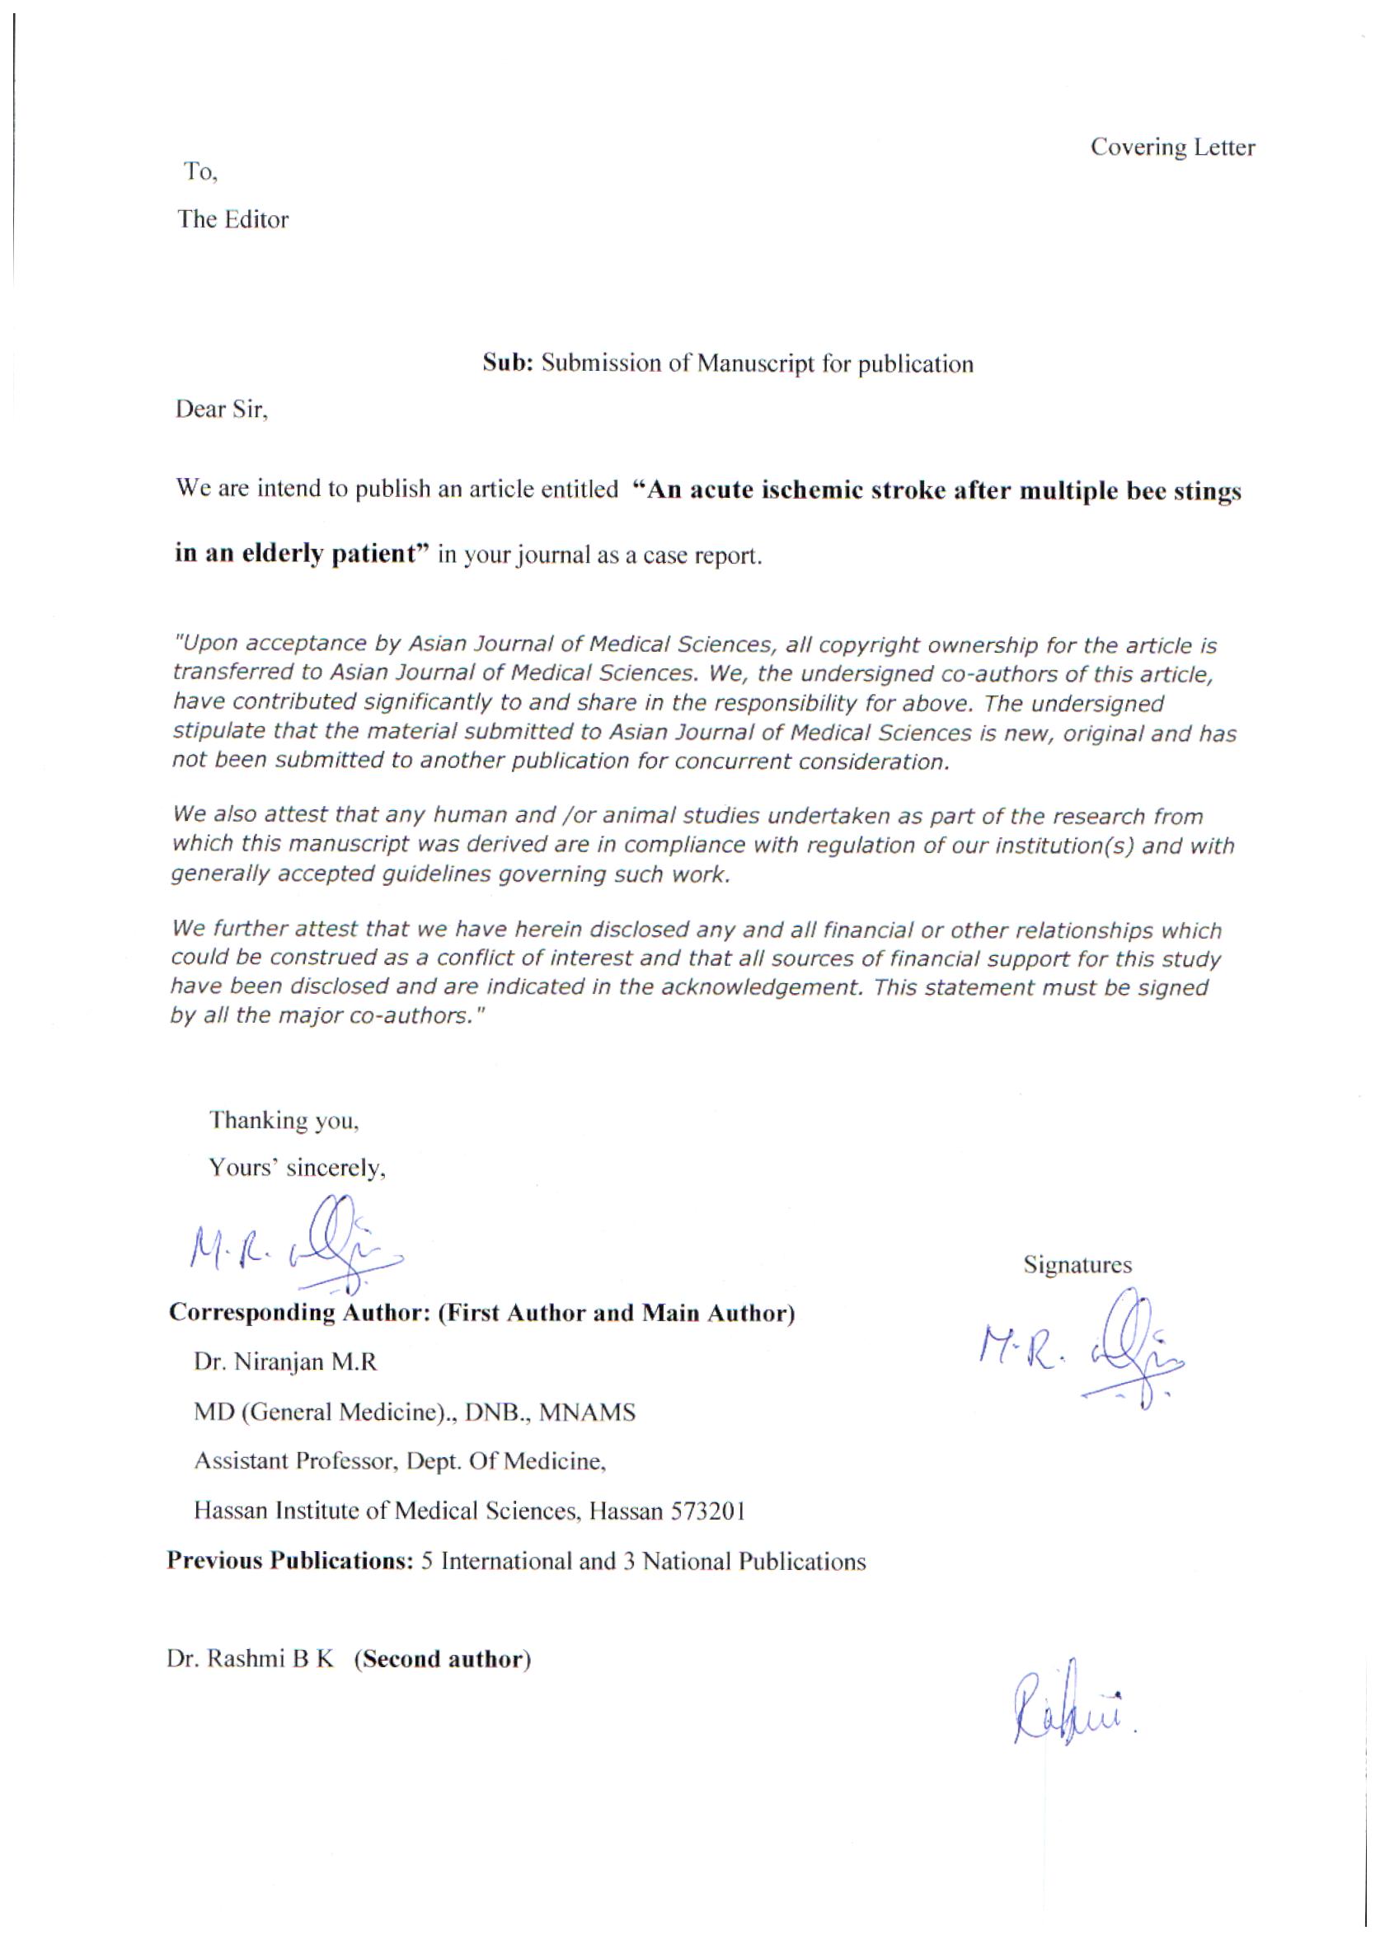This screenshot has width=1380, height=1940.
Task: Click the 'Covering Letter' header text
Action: [1171, 148]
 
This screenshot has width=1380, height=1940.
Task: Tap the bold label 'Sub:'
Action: [507, 363]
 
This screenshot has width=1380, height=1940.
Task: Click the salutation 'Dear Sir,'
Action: [222, 410]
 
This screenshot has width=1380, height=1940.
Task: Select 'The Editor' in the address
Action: [232, 219]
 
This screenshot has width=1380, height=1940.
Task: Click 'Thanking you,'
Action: [284, 1120]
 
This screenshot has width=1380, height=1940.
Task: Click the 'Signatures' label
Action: [1077, 1265]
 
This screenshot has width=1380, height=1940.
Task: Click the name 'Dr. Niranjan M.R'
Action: [285, 1362]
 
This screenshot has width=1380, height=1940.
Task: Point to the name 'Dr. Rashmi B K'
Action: [251, 1659]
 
